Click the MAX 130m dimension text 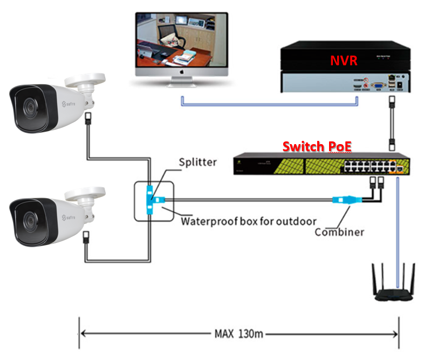[x=239, y=333]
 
